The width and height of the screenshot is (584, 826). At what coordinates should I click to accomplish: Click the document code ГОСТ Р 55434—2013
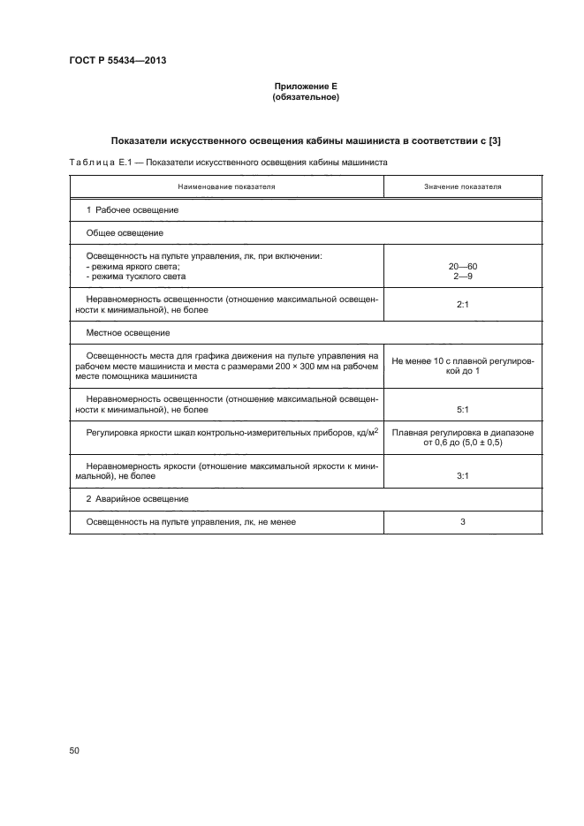118,61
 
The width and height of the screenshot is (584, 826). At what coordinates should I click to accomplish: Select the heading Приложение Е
305,86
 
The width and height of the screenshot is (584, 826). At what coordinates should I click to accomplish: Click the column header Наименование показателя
226,187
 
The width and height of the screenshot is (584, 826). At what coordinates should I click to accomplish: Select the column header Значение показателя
462,187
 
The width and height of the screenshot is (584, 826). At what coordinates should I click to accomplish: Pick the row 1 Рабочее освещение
133,210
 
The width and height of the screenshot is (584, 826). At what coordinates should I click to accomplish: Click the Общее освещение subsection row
125,233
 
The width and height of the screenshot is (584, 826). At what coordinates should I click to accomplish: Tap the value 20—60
462,266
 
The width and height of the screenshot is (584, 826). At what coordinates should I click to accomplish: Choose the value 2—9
462,277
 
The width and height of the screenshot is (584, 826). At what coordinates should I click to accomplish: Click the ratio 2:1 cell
462,305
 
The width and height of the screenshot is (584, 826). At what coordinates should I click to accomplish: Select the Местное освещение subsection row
127,333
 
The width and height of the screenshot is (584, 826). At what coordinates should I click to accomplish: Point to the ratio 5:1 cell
462,409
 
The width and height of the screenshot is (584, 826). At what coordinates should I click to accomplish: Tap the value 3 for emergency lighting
462,522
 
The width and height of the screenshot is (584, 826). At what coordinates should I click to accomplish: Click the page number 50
74,750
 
